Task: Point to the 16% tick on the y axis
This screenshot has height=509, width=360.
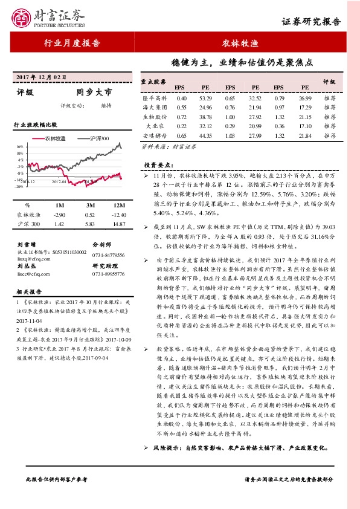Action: pyautogui.click(x=20, y=146)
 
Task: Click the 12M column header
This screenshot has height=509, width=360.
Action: pyautogui.click(x=119, y=205)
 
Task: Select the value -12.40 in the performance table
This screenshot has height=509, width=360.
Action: pyautogui.click(x=119, y=215)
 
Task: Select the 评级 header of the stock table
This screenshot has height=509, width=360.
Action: pyautogui.click(x=329, y=81)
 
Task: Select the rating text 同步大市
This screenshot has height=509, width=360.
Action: pyautogui.click(x=94, y=92)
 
